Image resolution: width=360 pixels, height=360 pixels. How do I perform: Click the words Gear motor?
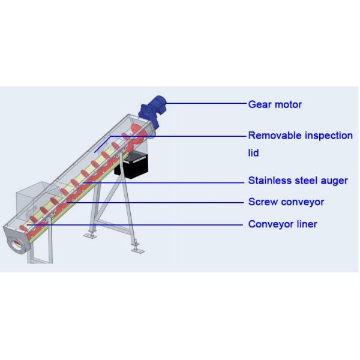(275, 104)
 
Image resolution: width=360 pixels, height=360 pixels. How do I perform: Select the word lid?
(253, 153)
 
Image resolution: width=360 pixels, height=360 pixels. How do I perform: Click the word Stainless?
(268, 181)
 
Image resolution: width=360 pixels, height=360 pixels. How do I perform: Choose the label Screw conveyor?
(286, 202)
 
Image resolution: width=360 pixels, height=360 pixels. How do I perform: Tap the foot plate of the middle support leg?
(90, 235)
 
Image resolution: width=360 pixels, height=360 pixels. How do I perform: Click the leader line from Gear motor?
(204, 103)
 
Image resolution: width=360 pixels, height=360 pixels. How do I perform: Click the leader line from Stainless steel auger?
(168, 182)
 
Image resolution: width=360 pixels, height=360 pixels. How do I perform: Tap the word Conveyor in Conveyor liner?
(269, 224)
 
